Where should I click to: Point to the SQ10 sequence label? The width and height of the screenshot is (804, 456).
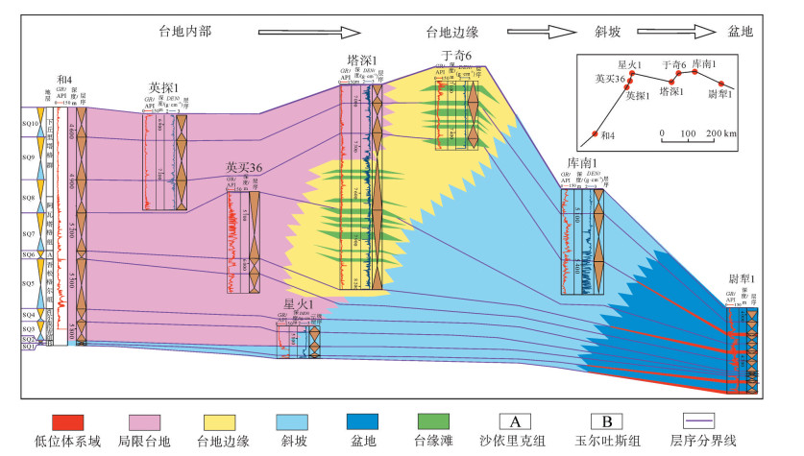coord(31,124)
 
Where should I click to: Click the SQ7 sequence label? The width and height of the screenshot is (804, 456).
coord(31,233)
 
